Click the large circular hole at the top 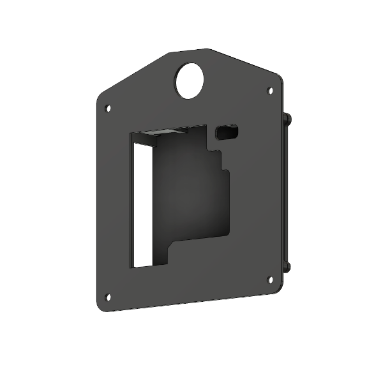pyautogui.click(x=190, y=82)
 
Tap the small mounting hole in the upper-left pyautogui.click(x=108, y=109)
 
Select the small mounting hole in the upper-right pyautogui.click(x=269, y=91)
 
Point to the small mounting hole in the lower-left pyautogui.click(x=108, y=296)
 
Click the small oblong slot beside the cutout pyautogui.click(x=228, y=132)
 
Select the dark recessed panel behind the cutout pyautogui.click(x=188, y=191)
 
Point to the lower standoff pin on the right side pyautogui.click(x=289, y=266)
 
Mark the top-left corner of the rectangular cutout pyautogui.click(x=131, y=133)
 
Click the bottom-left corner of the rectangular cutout pyautogui.click(x=132, y=266)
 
